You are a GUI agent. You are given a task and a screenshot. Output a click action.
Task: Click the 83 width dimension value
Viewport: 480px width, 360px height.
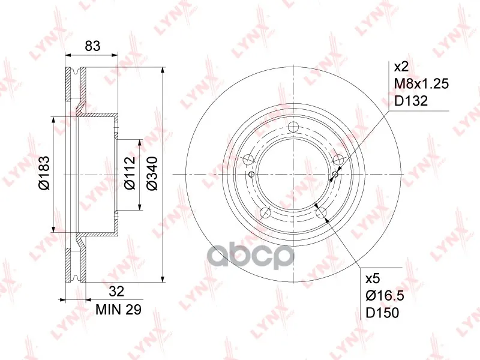point(92,46)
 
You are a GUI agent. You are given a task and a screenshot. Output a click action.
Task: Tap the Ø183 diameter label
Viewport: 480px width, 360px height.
point(44,173)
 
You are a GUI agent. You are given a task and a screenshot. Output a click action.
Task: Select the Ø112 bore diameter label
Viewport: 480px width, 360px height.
point(130,173)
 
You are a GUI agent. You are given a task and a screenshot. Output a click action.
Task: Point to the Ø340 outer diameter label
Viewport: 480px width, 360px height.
point(152,173)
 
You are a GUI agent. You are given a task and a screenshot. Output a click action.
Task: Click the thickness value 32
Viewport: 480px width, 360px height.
point(116,291)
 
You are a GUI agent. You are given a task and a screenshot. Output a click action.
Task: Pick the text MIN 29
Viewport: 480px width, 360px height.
point(118,310)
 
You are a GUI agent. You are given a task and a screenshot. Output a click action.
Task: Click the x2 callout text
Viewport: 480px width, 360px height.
point(401,67)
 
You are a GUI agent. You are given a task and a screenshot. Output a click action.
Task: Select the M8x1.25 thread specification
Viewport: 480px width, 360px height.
point(422,83)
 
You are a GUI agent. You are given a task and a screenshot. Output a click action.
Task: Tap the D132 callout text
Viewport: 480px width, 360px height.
point(411,101)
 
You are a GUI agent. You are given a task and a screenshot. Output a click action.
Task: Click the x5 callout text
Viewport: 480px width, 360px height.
point(373,278)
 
